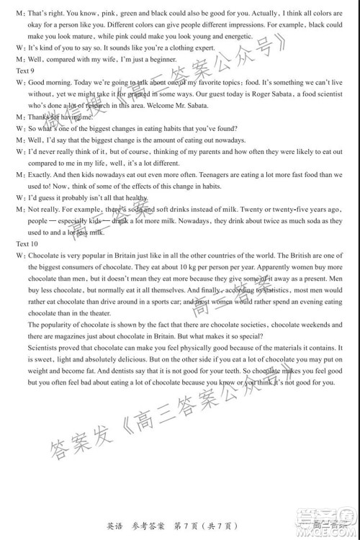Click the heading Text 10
point(27,245)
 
